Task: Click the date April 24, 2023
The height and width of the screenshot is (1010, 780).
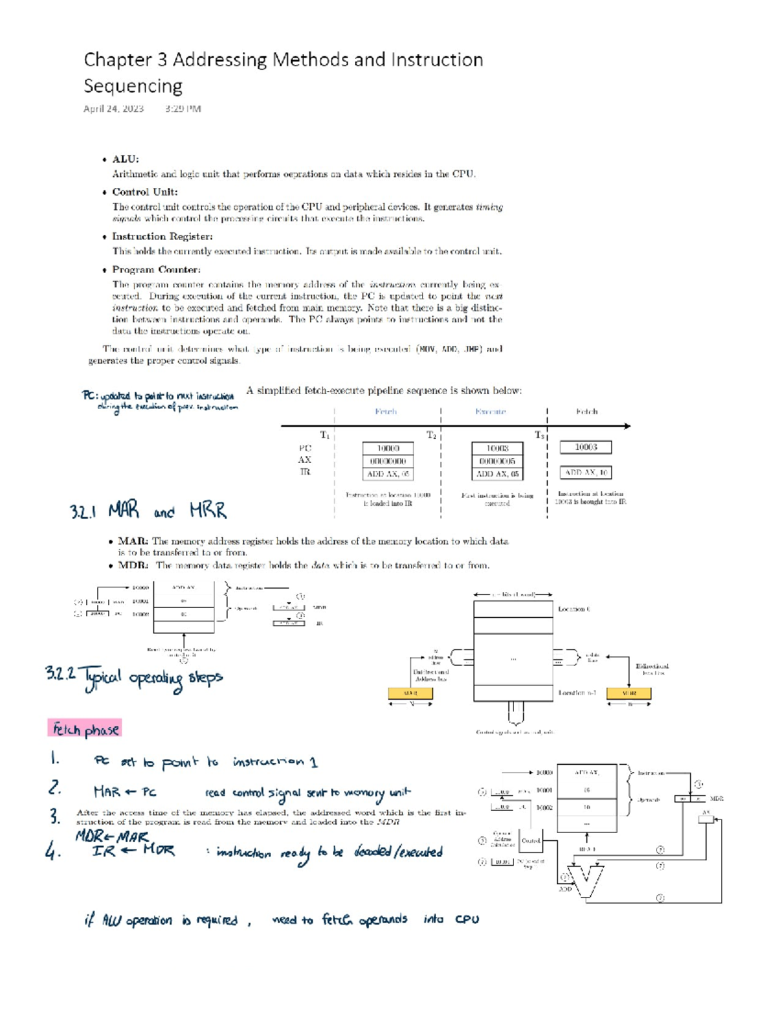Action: click(x=113, y=109)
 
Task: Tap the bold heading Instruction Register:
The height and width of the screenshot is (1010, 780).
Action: click(x=162, y=236)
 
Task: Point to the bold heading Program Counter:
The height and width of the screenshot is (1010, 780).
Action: click(x=156, y=269)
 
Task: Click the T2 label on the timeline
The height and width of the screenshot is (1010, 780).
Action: click(x=432, y=435)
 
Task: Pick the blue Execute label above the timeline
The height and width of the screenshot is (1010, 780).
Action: click(x=490, y=412)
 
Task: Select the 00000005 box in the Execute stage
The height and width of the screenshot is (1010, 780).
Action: click(x=497, y=461)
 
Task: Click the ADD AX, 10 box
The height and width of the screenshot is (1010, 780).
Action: click(x=586, y=473)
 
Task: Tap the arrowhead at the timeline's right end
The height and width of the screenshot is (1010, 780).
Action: click(x=627, y=426)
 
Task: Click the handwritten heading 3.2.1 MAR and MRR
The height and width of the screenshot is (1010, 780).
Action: click(x=148, y=511)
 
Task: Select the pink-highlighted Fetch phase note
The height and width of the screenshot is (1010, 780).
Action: click(x=85, y=729)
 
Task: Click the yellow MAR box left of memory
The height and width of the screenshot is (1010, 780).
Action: click(x=410, y=693)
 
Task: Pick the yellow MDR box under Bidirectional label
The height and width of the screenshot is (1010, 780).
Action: click(x=629, y=693)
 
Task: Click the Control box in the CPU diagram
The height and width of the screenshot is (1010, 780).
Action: click(x=530, y=841)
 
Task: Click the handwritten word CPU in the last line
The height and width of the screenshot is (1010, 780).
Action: click(x=467, y=920)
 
